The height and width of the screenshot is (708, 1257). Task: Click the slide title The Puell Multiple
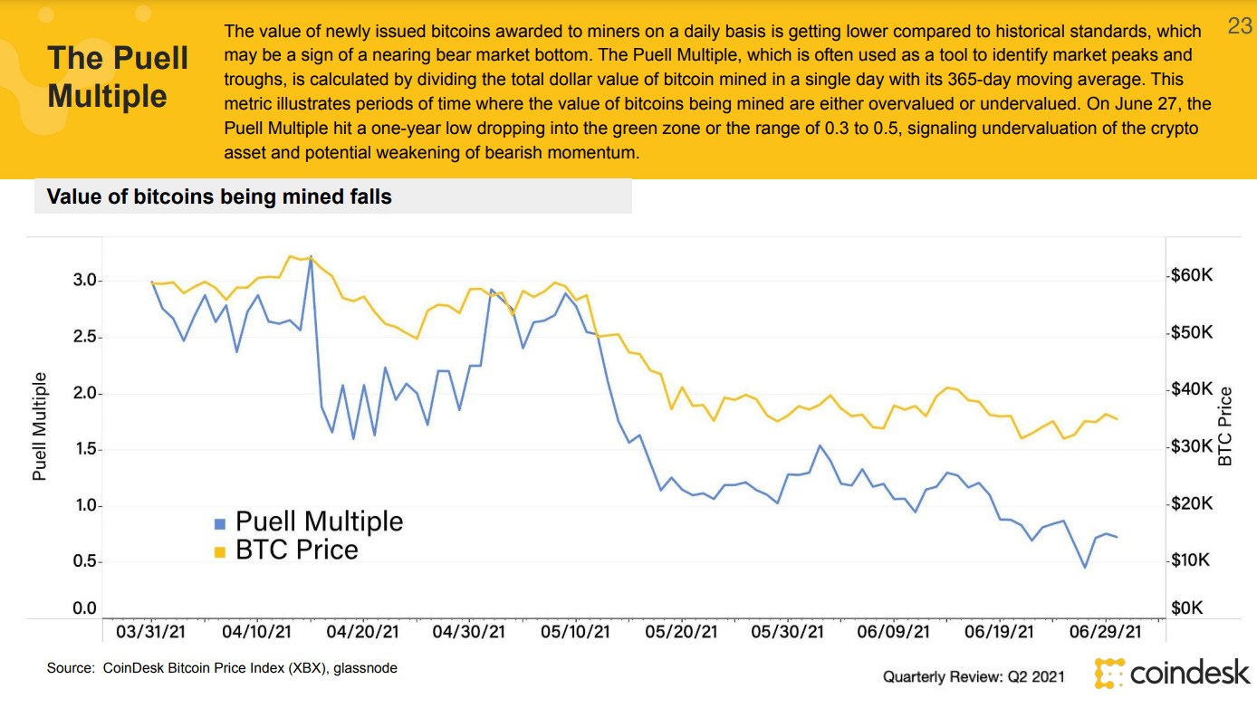click(118, 77)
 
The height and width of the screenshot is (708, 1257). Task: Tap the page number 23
click(1239, 26)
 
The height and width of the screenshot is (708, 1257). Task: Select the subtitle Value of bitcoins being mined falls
click(219, 196)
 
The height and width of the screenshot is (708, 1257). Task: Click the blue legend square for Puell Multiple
click(219, 523)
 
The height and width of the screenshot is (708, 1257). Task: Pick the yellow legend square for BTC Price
click(219, 551)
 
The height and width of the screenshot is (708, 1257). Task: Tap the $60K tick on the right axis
click(1192, 275)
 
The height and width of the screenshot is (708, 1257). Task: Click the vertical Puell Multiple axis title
click(39, 427)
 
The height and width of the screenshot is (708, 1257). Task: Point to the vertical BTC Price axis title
click(1226, 426)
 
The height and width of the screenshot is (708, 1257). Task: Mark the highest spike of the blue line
click(311, 256)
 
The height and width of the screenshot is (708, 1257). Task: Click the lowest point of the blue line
click(1085, 568)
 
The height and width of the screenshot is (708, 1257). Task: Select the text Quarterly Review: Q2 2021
click(974, 676)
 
